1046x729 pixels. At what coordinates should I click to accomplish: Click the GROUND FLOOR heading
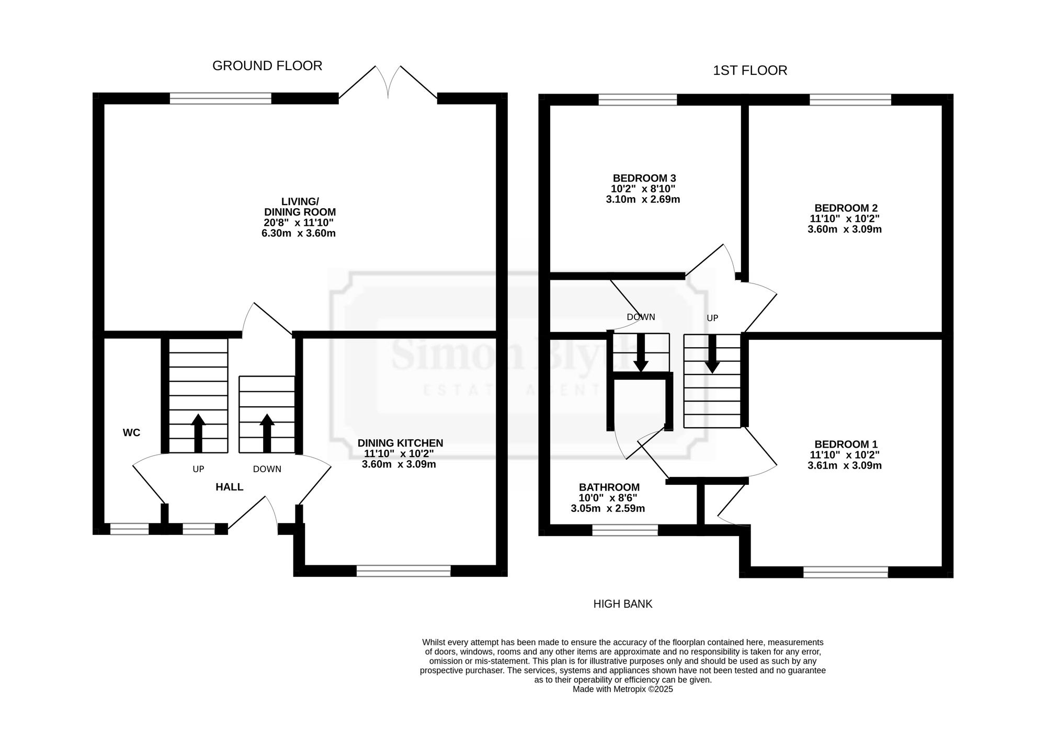(267, 66)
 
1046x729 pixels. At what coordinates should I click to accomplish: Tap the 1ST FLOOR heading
(750, 71)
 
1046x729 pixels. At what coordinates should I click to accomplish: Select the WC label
(131, 433)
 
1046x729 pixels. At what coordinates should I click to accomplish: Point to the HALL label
(230, 487)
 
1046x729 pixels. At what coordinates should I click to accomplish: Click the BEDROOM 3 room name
(644, 178)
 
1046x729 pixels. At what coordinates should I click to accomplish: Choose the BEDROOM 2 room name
(846, 208)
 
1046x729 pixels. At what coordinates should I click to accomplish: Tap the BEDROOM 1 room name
(846, 444)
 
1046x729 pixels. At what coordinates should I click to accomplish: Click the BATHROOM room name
(609, 487)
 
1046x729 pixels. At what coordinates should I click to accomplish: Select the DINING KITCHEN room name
(400, 443)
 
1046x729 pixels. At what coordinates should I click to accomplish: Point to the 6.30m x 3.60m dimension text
(299, 233)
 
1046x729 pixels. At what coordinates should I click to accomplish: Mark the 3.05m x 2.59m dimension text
(608, 508)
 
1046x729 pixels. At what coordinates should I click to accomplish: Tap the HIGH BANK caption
(623, 604)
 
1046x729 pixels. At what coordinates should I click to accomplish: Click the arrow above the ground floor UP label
(198, 433)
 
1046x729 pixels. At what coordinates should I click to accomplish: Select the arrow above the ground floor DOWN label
(267, 433)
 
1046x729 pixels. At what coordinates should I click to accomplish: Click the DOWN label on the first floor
(641, 317)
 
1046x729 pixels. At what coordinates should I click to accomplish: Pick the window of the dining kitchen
(403, 571)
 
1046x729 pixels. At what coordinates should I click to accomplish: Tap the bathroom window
(625, 530)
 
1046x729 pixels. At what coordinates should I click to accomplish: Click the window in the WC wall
(130, 529)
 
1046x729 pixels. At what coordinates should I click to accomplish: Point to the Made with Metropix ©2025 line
(623, 689)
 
